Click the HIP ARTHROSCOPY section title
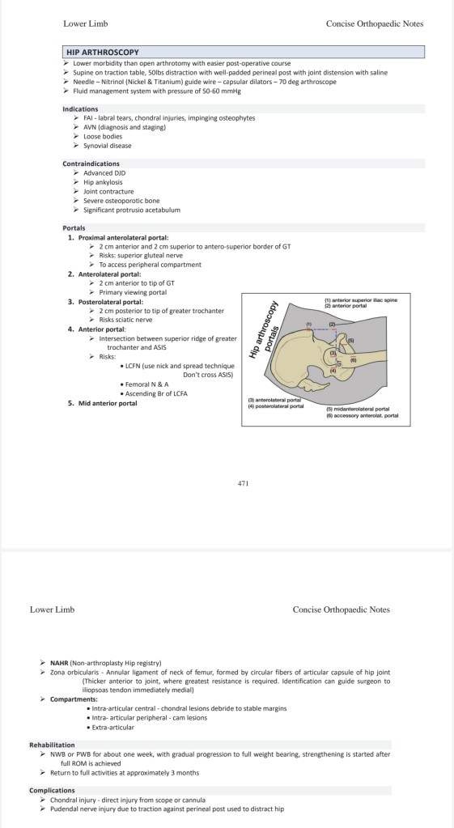coord(103,53)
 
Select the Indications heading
coord(80,108)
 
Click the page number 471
coord(243,482)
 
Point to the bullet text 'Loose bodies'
coord(103,136)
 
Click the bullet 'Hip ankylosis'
coord(103,182)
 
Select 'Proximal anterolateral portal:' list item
coord(124,238)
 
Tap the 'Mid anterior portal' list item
coord(108,403)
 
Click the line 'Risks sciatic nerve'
coord(125,320)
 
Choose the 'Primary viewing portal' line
coord(133,292)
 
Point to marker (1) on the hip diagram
coord(309,324)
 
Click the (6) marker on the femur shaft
coord(354,360)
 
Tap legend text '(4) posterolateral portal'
coord(276,406)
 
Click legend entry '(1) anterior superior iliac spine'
coord(361,300)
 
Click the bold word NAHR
coord(58,663)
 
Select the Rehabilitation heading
coord(52,745)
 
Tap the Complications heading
coord(52,791)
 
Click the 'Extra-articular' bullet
coord(112,727)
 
